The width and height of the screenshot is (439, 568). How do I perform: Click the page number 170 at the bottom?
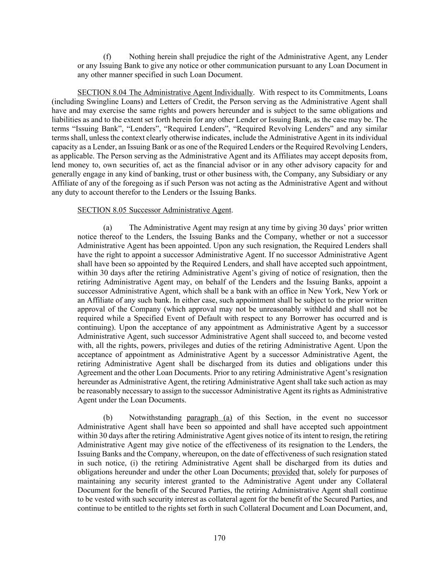pyautogui.click(x=219, y=538)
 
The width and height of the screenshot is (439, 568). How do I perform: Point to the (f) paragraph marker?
pyautogui.click(x=107, y=57)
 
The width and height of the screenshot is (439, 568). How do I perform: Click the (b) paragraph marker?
pyautogui.click(x=107, y=418)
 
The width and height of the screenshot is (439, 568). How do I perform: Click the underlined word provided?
pyautogui.click(x=285, y=472)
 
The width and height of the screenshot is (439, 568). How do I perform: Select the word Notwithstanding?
pyautogui.click(x=155, y=418)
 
